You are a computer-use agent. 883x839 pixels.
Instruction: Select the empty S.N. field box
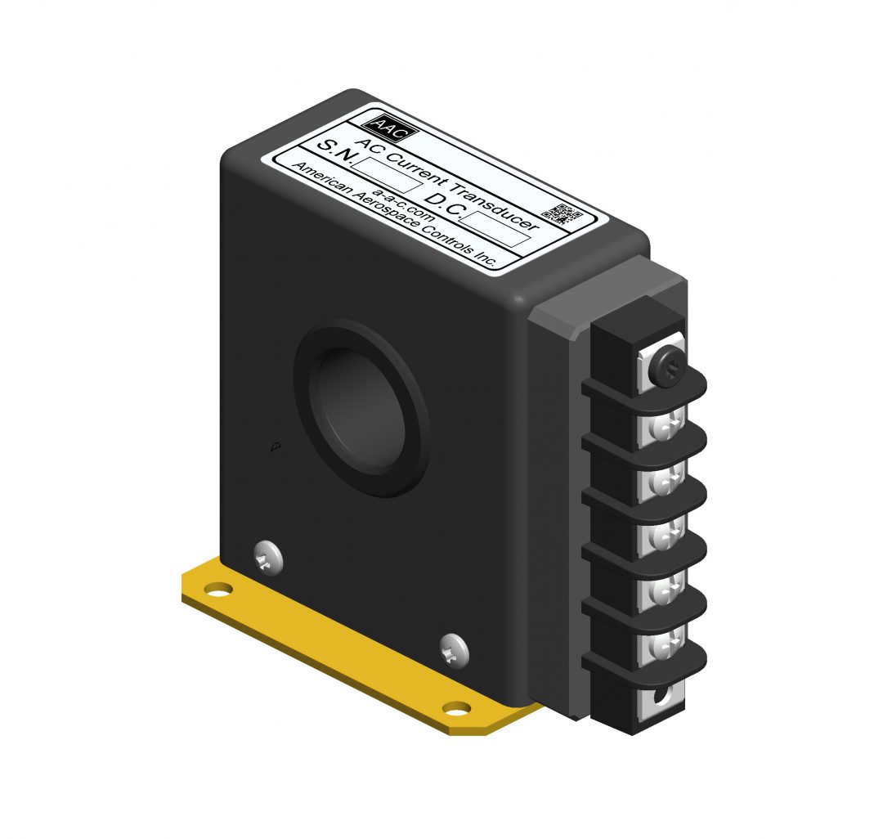[x=388, y=175]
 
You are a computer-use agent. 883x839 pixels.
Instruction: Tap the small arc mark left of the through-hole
[x=276, y=446]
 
